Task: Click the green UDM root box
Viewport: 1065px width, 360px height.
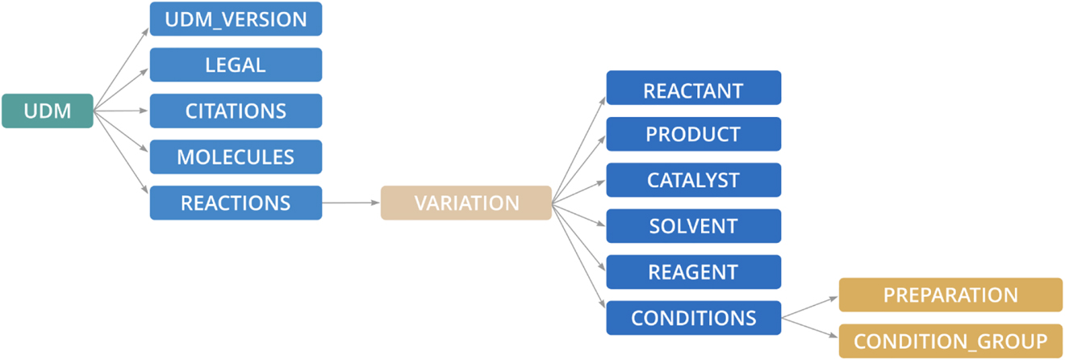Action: [x=47, y=111]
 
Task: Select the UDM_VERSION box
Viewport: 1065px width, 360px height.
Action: [x=236, y=19]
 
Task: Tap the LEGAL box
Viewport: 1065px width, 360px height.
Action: [x=236, y=65]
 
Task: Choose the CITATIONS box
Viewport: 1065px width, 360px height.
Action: [x=236, y=111]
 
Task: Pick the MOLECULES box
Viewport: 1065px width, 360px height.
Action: [x=236, y=157]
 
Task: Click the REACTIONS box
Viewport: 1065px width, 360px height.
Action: [x=236, y=203]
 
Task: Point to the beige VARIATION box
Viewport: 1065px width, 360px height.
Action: [x=466, y=203]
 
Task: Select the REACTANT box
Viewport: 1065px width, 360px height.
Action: [x=693, y=88]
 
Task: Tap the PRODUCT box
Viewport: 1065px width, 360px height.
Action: [x=693, y=134]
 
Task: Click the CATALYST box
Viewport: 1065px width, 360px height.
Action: [x=693, y=180]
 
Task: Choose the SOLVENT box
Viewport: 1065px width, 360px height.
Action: [x=693, y=226]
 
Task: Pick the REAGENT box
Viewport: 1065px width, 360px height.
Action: [x=693, y=272]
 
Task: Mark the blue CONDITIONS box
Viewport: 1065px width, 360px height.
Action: [x=693, y=318]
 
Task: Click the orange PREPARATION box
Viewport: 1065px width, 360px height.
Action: [x=950, y=295]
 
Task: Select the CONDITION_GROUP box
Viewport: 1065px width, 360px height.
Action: [x=950, y=341]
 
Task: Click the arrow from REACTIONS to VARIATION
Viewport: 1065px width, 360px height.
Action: [x=351, y=203]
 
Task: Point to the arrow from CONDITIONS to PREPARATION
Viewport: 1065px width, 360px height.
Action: [x=810, y=307]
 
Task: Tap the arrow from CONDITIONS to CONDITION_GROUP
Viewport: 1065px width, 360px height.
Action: [x=810, y=329]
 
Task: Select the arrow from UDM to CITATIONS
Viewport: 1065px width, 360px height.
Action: [x=121, y=111]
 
